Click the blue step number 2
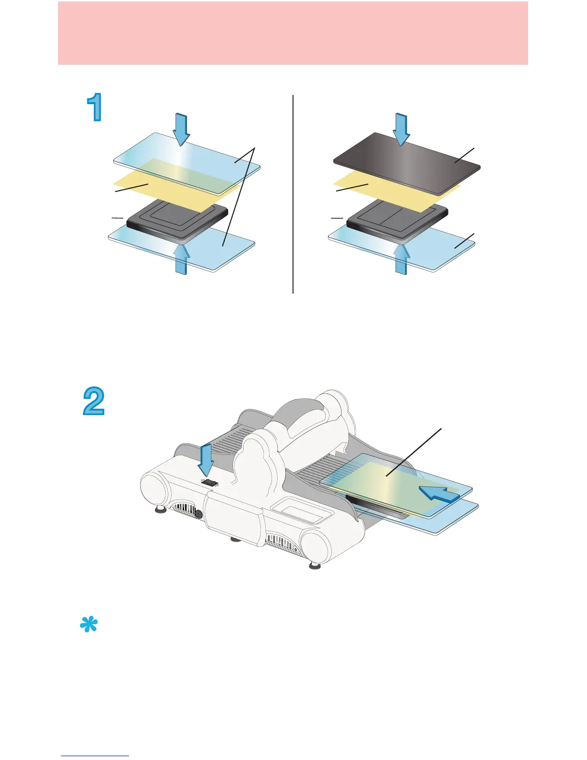94,402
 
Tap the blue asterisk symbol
89,625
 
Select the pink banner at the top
293,33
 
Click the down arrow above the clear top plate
181,129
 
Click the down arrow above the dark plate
401,129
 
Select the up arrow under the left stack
181,259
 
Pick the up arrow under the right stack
401,259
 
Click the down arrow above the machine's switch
206,461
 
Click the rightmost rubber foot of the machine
315,565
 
